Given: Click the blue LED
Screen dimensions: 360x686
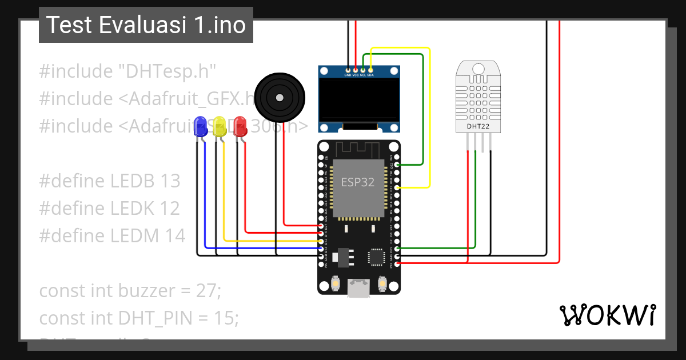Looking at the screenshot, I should (x=200, y=126).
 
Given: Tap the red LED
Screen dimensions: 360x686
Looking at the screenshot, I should (x=240, y=126).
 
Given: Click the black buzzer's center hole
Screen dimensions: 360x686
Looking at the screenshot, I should (x=279, y=97).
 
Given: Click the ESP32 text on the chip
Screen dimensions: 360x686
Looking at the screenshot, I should (x=358, y=182).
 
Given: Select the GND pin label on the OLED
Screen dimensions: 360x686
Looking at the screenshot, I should (x=348, y=75).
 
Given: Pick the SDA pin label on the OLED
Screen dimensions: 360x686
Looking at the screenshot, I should (x=370, y=75).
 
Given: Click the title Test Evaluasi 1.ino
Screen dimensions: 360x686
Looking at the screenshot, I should (x=146, y=25).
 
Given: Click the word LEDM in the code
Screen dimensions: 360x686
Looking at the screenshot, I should (x=134, y=235).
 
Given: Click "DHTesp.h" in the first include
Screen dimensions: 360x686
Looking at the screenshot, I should (x=167, y=71).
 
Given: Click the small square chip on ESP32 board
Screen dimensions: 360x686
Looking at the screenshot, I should (x=377, y=257).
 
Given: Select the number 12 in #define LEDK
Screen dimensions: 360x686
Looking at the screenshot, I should (x=169, y=209).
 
